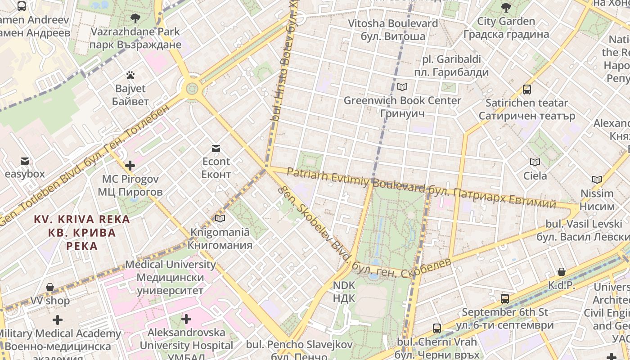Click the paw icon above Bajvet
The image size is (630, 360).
pos(130,75)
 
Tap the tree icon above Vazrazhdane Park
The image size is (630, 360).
pos(135,18)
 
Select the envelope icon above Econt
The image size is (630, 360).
pos(216,148)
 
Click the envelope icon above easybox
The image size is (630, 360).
pos(25,161)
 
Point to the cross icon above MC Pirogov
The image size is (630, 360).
pos(130,166)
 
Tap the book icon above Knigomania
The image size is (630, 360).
pos(220,219)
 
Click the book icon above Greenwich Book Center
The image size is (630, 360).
pos(402,87)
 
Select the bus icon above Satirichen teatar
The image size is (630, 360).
pos(527,90)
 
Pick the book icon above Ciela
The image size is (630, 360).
pos(535,162)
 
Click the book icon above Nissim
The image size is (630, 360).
pos(597,180)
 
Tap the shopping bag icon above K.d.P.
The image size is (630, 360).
pos(562,272)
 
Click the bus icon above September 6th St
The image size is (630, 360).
pos(505,298)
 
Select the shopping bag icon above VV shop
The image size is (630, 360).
pos(50,288)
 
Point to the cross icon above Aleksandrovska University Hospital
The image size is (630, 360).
pos(186,319)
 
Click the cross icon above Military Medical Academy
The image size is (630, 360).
pos(58,320)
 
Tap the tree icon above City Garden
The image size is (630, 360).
pos(506,8)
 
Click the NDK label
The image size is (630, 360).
pos(344,292)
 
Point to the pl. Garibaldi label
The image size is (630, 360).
pos(451,66)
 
